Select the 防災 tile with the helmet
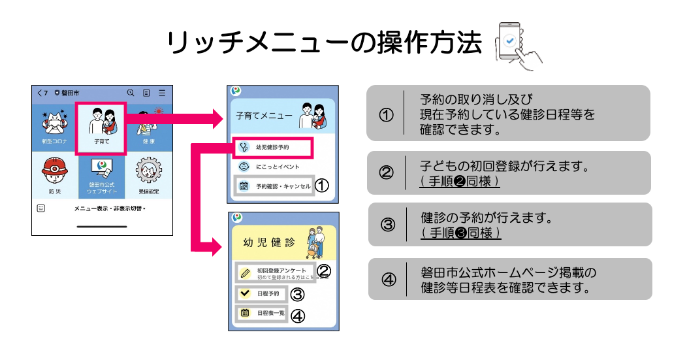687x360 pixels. pos(55,176)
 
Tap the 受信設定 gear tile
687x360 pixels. pos(148,176)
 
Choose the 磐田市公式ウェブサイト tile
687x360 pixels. pos(101,176)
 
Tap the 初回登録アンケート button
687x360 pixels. pos(275,272)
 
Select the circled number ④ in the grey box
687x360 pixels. pos(389,280)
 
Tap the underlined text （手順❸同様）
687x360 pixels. pos(461,233)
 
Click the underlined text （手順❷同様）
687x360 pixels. pos(460,181)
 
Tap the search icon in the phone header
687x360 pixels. pos(131,93)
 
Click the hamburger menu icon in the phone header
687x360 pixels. pos(162,93)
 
